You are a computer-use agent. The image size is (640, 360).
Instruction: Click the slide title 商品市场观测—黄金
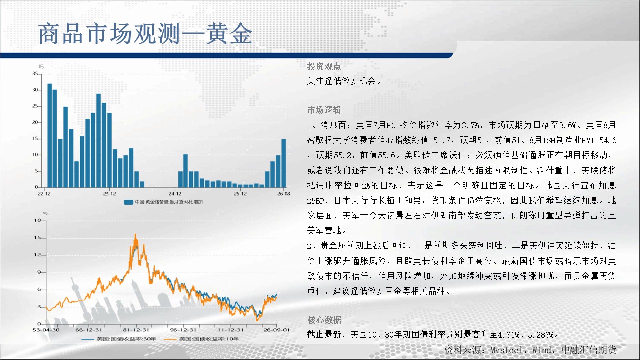pyautogui.click(x=145, y=34)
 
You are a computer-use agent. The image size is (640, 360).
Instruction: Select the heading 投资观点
pyautogui.click(x=324, y=66)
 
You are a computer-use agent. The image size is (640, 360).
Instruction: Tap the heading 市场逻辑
pyautogui.click(x=324, y=110)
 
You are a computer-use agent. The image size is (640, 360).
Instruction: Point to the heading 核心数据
pyautogui.click(x=324, y=320)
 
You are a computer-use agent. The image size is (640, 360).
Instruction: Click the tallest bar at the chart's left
pyautogui.click(x=49, y=135)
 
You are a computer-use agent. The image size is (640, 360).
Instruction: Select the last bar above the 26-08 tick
pyautogui.click(x=283, y=163)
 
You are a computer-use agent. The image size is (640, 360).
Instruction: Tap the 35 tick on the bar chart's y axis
pyautogui.click(x=35, y=74)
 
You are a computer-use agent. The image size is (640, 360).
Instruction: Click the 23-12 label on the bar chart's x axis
pyautogui.click(x=109, y=194)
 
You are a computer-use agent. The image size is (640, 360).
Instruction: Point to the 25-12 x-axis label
pyautogui.click(x=240, y=194)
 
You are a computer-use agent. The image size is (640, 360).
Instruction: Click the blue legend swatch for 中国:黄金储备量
pyautogui.click(x=128, y=202)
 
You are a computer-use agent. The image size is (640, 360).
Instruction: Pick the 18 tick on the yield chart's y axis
pyautogui.click(x=37, y=220)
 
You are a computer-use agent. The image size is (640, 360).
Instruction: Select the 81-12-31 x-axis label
pyautogui.click(x=136, y=330)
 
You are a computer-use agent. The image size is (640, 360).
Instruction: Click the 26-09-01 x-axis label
pyautogui.click(x=276, y=330)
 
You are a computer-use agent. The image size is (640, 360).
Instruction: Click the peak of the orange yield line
pyautogui.click(x=135, y=234)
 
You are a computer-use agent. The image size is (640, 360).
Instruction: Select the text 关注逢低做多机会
pyautogui.click(x=341, y=81)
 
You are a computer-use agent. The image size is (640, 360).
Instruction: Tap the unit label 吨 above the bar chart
pyautogui.click(x=41, y=66)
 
